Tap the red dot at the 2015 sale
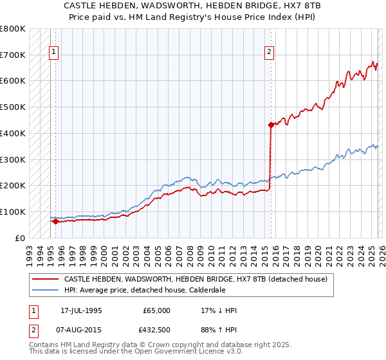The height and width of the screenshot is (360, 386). click(x=271, y=125)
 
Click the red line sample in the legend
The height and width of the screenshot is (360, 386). click(x=45, y=279)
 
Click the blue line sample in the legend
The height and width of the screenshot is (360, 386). click(x=45, y=290)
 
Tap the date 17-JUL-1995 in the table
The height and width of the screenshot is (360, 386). click(x=81, y=310)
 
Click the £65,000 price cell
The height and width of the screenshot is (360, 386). click(x=156, y=310)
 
